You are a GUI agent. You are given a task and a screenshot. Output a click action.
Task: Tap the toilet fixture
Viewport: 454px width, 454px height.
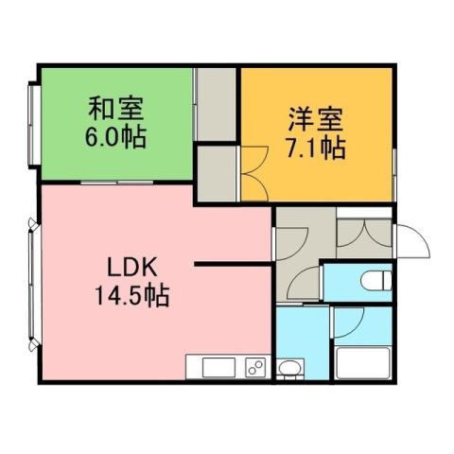(x=375, y=281)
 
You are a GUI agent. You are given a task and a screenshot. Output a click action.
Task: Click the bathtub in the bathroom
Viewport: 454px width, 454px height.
(x=363, y=363)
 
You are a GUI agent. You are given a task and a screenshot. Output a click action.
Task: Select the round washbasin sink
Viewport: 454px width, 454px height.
(x=290, y=368)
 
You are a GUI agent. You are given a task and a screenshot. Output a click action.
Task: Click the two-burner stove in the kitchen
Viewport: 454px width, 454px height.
(x=255, y=368)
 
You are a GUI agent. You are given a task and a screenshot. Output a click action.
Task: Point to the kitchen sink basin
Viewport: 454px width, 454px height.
(x=211, y=367)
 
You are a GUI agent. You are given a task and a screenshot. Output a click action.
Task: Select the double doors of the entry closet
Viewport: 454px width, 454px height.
(x=363, y=231)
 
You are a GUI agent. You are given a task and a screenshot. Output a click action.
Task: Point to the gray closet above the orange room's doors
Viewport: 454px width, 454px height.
(x=217, y=103)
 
